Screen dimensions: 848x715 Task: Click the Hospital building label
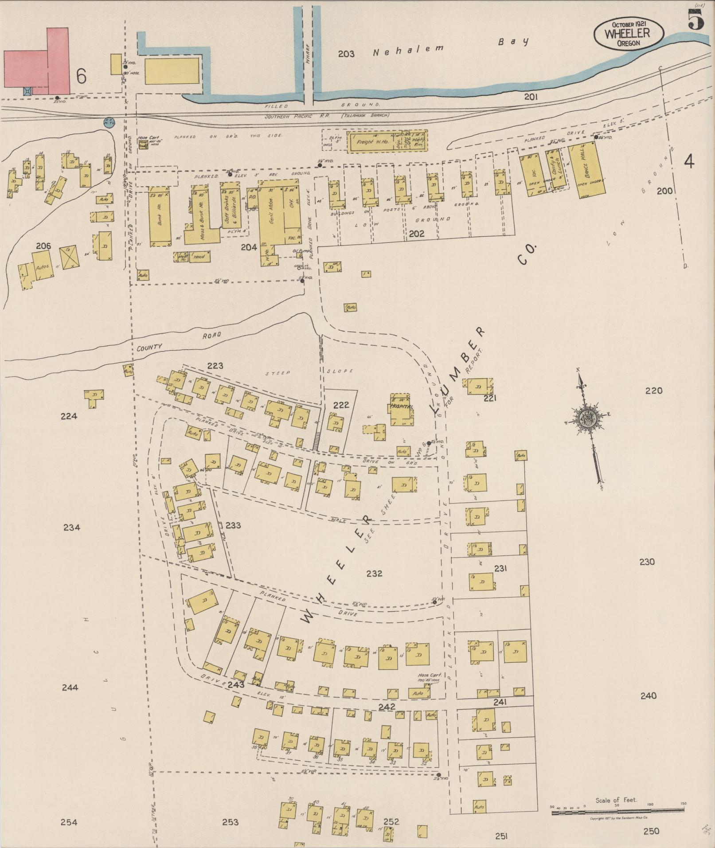[x=402, y=406]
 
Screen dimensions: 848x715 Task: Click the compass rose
[x=587, y=419]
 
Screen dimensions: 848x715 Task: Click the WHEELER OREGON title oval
[x=629, y=34]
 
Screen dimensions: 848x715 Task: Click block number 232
[x=374, y=573]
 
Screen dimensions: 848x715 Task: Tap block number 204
[x=249, y=247]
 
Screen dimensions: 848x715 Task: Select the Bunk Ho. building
[x=160, y=218]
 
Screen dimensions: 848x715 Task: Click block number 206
[x=43, y=246]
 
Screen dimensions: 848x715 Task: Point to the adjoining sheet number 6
[x=81, y=76]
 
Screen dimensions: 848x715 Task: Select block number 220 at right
[x=653, y=391]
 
